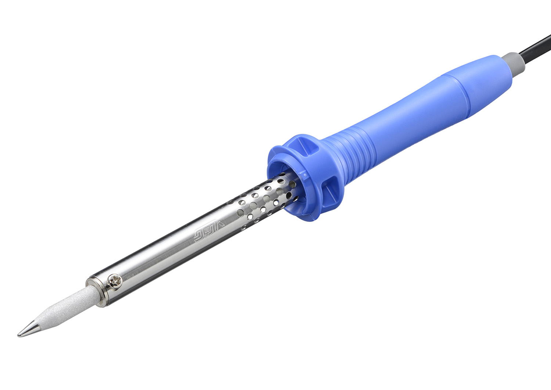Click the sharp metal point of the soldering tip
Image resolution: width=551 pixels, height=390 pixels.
(x=19, y=334)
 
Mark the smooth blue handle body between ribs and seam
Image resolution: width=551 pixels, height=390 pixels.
(x=411, y=118)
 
